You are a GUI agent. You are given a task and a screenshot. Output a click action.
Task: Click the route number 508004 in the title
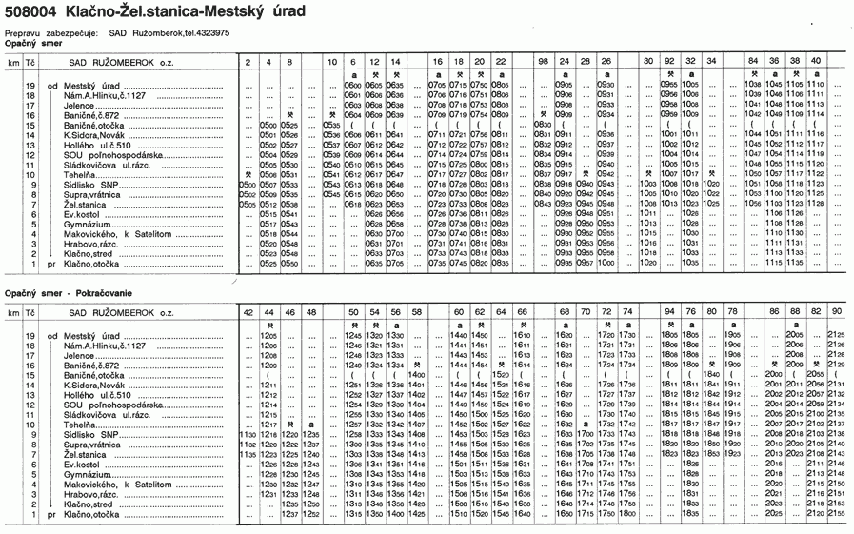pos(31,11)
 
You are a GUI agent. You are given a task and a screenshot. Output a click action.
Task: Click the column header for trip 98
pos(543,61)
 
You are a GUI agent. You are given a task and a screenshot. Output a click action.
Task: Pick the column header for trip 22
pos(501,61)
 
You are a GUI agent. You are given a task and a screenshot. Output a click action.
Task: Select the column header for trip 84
pos(754,61)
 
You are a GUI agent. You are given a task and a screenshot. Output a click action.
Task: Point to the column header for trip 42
pos(248,311)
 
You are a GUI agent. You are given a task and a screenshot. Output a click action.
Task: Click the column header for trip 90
pos(837,311)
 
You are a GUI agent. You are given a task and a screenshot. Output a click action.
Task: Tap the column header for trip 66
pos(521,311)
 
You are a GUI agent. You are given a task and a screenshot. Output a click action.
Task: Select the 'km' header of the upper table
pos(13,61)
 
